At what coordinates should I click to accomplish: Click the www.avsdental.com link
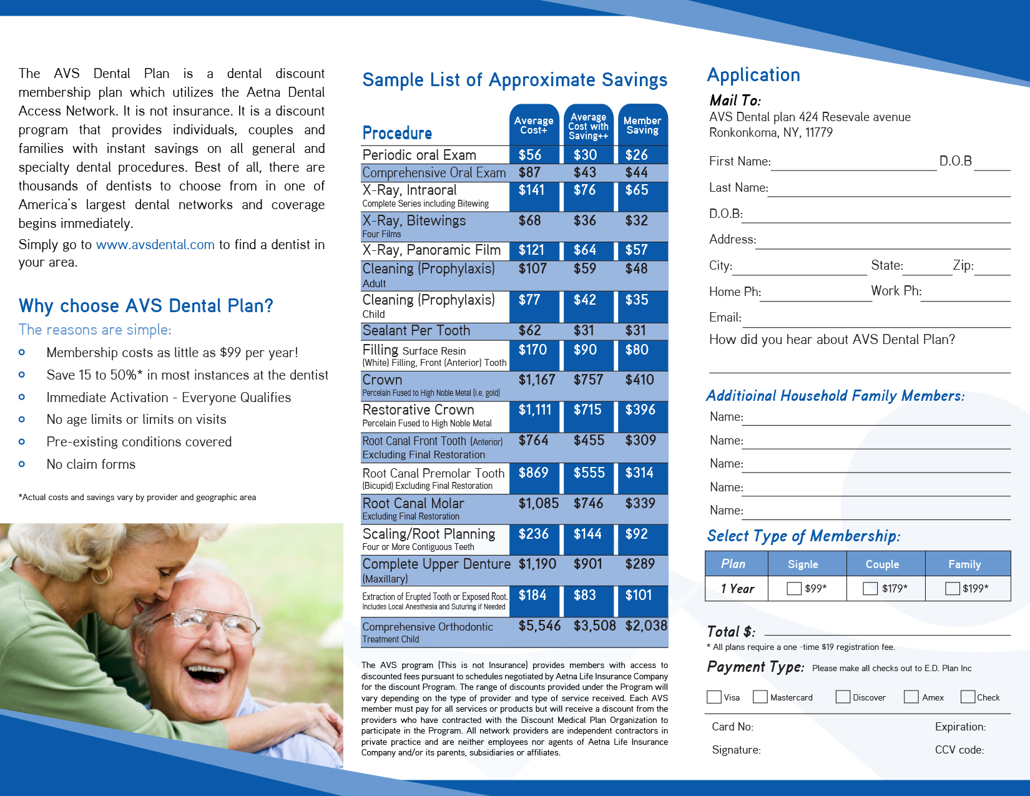pos(155,245)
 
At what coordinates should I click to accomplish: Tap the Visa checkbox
pos(714,697)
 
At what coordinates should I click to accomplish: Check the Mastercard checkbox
pos(760,697)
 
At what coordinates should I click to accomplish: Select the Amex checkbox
pos(911,697)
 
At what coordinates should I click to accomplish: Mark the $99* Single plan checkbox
pos(794,588)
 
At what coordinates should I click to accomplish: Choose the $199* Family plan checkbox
pos(952,588)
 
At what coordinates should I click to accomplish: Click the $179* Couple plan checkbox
pos(870,588)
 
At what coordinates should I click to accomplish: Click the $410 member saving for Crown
pos(639,380)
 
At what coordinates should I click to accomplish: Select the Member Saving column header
pos(642,125)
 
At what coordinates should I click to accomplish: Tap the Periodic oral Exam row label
pos(419,155)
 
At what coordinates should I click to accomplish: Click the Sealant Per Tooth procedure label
pos(416,330)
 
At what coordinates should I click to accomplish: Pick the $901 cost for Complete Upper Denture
pos(588,564)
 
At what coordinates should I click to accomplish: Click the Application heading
pos(753,75)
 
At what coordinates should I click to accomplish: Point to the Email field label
pos(725,317)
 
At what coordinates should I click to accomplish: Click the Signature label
pos(736,750)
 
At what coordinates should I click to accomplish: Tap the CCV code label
pos(959,750)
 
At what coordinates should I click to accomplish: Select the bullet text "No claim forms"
pos(91,464)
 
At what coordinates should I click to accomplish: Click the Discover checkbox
pos(843,697)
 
